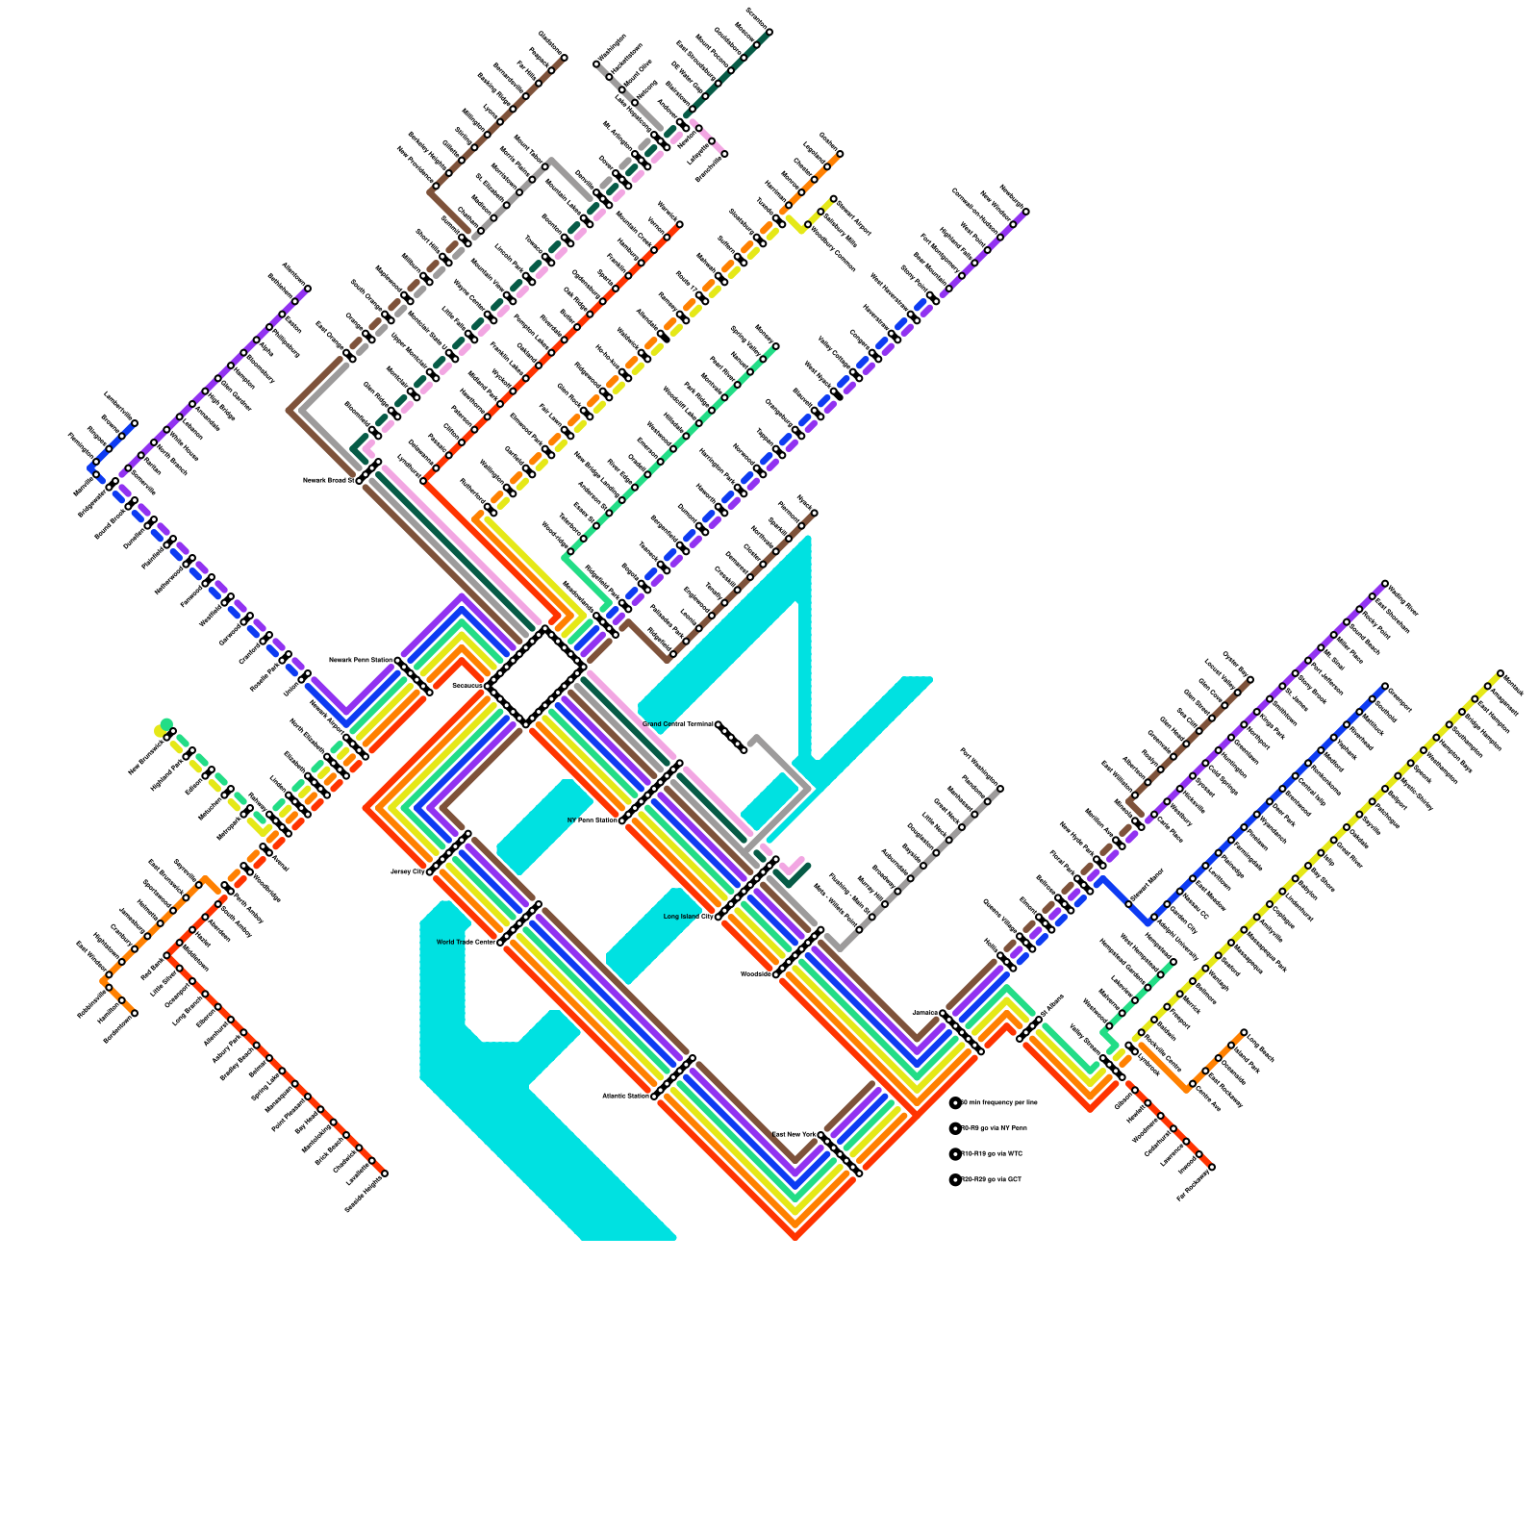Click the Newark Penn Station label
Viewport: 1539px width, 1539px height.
pos(361,660)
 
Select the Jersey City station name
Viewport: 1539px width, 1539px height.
pos(407,871)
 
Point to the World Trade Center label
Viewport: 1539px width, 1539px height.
pos(466,943)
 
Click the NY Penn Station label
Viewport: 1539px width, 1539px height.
pos(593,820)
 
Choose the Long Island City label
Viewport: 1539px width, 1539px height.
pos(689,917)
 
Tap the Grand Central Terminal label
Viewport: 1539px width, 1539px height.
pos(678,724)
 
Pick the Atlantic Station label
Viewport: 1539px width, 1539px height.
pos(626,1096)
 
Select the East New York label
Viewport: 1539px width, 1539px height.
pos(795,1135)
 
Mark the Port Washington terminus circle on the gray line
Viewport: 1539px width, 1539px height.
pos(1000,789)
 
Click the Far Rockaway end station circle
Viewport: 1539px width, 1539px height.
pos(1211,1167)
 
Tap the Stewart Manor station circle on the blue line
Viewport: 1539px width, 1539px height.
pos(1129,903)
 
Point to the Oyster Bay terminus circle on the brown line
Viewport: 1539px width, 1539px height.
pos(1249,681)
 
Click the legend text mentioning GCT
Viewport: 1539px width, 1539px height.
pos(992,1179)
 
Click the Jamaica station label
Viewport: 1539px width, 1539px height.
pos(924,1013)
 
